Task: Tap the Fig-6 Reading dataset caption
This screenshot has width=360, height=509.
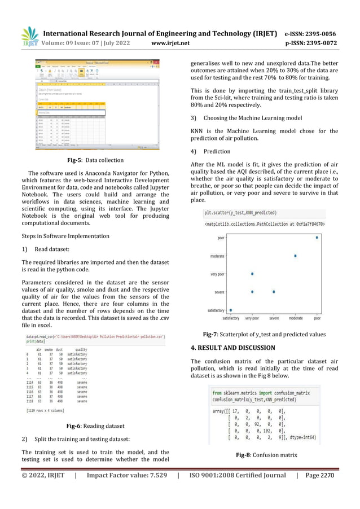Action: [x=95, y=426]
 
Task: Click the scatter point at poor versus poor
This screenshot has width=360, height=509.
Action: [x=317, y=238]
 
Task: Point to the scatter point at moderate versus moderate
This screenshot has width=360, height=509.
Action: [x=295, y=256]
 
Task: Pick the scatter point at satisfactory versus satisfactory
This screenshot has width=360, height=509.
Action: [x=230, y=310]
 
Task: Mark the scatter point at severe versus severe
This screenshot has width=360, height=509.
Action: [x=274, y=292]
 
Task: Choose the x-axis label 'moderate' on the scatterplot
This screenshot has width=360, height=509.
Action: [x=295, y=318]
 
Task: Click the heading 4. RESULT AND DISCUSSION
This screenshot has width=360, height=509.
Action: [x=232, y=348]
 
